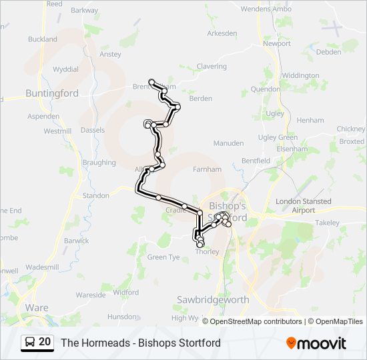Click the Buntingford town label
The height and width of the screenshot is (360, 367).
point(51,93)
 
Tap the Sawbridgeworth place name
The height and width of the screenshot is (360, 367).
point(213,300)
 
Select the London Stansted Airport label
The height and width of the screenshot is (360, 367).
point(303,205)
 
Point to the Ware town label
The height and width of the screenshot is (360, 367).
point(36,307)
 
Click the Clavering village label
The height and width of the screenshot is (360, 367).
point(212,67)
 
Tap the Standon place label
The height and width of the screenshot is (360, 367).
point(96,196)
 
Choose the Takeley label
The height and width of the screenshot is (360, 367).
point(327,223)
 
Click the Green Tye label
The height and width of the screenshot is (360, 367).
point(163,257)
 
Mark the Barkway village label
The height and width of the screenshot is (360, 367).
point(84,11)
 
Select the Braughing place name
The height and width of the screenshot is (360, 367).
point(99,163)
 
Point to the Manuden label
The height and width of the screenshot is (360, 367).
point(228,143)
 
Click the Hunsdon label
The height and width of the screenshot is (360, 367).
point(121,317)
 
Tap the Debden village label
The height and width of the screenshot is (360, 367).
point(328,51)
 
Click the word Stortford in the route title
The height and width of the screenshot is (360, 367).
point(199,343)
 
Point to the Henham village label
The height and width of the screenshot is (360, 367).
point(310,120)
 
